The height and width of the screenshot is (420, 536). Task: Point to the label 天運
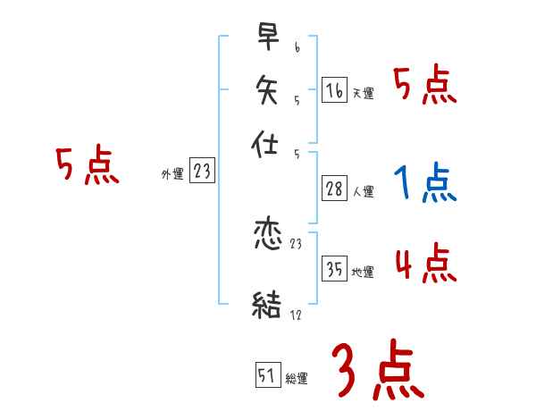point(363,93)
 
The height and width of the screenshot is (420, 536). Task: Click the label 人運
point(363,191)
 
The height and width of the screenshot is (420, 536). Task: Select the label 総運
point(297,378)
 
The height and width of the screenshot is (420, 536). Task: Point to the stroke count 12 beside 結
point(296,314)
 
